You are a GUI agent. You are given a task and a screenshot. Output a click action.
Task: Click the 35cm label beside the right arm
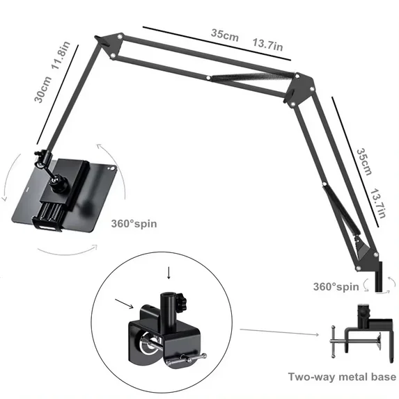point(363,162)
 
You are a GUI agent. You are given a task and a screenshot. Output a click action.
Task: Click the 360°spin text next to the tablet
point(134,225)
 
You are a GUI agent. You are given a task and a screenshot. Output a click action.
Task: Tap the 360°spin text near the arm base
point(336,286)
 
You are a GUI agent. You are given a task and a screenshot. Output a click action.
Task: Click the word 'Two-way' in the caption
point(312,377)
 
